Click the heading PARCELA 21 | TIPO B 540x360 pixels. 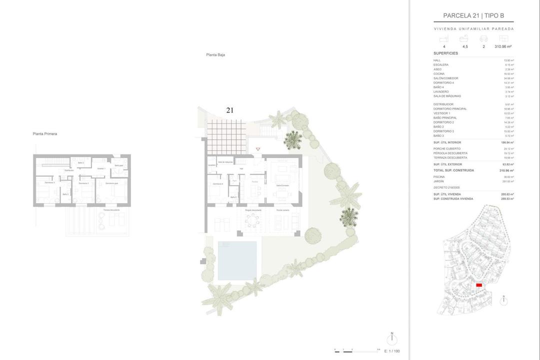[x=473, y=16]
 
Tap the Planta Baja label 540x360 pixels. [x=215, y=55]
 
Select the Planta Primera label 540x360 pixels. [x=44, y=134]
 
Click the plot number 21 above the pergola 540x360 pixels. [x=229, y=110]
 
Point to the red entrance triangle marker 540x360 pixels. [x=258, y=149]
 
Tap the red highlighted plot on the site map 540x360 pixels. [x=479, y=285]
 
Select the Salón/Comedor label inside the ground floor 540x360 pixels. [x=283, y=185]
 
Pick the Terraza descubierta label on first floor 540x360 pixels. [x=113, y=210]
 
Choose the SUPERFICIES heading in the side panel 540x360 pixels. [x=445, y=53]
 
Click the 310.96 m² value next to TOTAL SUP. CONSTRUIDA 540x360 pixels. [x=506, y=170]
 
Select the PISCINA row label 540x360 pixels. [x=440, y=176]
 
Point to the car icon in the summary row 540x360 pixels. [x=483, y=38]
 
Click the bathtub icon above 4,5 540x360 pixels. [x=464, y=38]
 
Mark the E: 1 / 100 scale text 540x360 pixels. [x=393, y=351]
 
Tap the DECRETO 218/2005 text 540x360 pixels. [x=447, y=187]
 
